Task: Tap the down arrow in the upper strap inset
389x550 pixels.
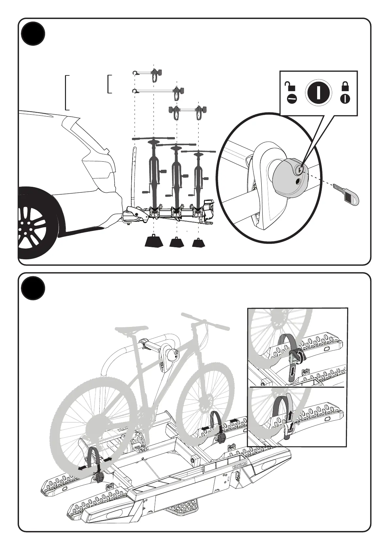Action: point(292,371)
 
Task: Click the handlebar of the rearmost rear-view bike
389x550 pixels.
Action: point(199,152)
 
